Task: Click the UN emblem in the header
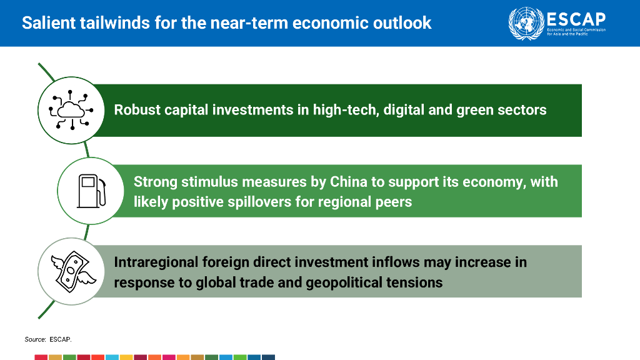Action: pyautogui.click(x=526, y=23)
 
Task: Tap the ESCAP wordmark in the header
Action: pyautogui.click(x=576, y=19)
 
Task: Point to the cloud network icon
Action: pyautogui.click(x=71, y=110)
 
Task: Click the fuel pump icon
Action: pyautogui.click(x=91, y=191)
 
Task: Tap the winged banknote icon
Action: pyautogui.click(x=73, y=271)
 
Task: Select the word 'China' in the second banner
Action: pyautogui.click(x=349, y=182)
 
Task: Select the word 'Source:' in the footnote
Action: pyautogui.click(x=35, y=339)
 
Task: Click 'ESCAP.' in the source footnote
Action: pyautogui.click(x=61, y=339)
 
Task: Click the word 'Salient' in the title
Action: pyautogui.click(x=49, y=22)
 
